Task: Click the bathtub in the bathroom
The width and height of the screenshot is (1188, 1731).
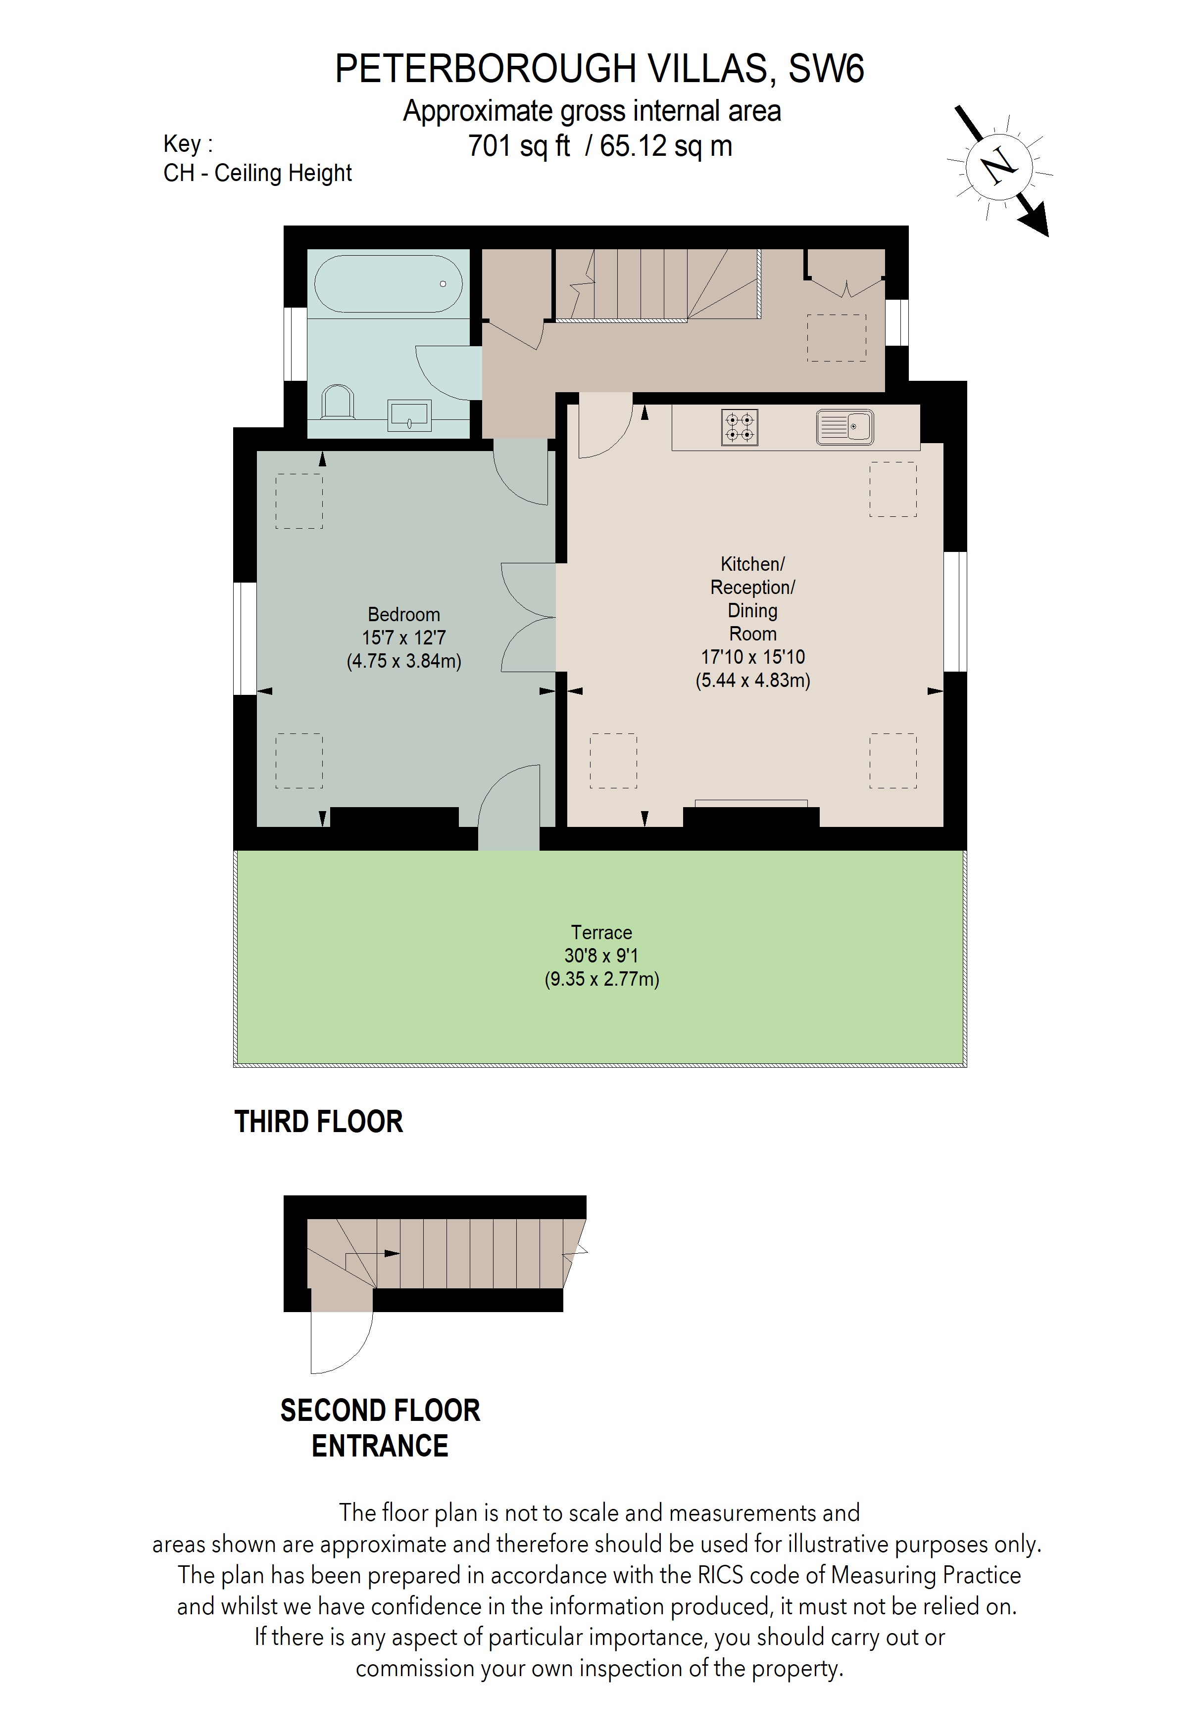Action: point(388,284)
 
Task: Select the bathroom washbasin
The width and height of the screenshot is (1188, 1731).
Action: point(409,415)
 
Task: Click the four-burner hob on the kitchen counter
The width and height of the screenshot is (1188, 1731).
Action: point(740,427)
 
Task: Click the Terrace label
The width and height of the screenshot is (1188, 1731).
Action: point(601,933)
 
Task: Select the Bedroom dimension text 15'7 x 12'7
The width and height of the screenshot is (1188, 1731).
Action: point(403,638)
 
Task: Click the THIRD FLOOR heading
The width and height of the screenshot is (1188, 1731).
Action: point(318,1122)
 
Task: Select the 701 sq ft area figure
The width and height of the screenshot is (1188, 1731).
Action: point(519,146)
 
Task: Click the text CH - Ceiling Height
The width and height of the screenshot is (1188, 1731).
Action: point(257,173)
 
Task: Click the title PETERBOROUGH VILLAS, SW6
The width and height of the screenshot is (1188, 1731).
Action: point(599,69)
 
